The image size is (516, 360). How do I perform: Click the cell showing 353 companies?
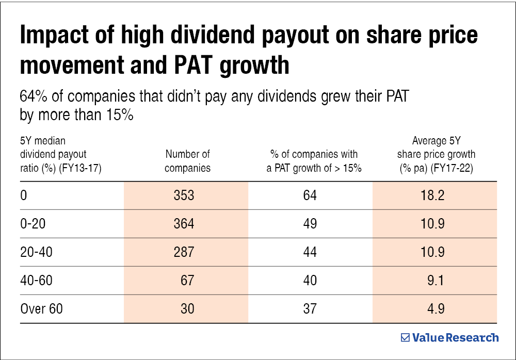(x=184, y=195)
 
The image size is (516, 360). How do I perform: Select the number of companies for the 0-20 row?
(x=184, y=224)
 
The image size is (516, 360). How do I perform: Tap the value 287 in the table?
(x=184, y=252)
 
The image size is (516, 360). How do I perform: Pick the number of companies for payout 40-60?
(x=188, y=281)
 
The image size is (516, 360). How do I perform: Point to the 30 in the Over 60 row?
(x=188, y=309)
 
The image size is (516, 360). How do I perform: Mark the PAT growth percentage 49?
(x=310, y=224)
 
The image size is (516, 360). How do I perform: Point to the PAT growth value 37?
(x=310, y=309)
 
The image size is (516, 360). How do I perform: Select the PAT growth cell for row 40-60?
(x=310, y=281)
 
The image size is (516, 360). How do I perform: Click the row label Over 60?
(x=41, y=309)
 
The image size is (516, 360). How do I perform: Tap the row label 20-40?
(x=36, y=252)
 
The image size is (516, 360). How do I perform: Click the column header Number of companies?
(x=188, y=160)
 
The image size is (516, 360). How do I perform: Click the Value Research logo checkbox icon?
(x=405, y=338)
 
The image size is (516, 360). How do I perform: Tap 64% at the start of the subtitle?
(x=33, y=96)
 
